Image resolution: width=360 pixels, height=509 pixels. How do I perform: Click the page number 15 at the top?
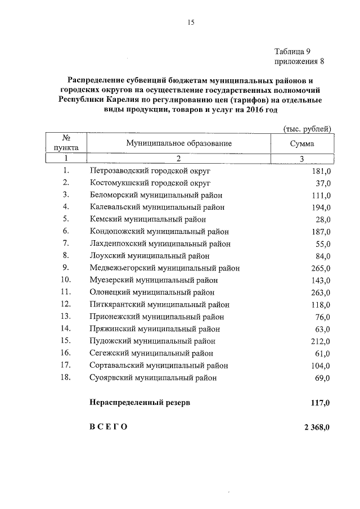pos(190,22)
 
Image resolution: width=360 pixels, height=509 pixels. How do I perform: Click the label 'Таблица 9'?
pos(293,51)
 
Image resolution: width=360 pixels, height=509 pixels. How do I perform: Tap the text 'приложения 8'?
pos(299,61)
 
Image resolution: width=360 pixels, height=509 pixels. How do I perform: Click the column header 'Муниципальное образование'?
pos(179,143)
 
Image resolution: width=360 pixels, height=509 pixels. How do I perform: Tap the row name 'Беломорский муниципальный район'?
pos(156,195)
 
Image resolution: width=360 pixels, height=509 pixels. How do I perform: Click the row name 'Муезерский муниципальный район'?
pos(154,280)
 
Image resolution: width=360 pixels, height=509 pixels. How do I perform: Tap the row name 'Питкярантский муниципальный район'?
pos(159,304)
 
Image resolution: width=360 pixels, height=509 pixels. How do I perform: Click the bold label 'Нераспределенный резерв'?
pos(139,403)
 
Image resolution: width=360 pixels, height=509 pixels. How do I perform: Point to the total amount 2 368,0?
pos(317,427)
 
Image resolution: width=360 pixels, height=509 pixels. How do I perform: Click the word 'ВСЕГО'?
pos(109,427)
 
